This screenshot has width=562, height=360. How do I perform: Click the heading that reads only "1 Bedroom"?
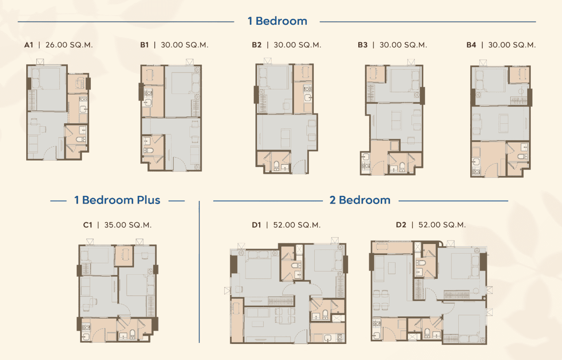[x=277, y=21]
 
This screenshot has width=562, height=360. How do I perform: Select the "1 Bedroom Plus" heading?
[x=117, y=200]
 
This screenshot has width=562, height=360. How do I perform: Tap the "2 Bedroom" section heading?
[x=360, y=200]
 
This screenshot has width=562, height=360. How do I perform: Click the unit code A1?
[x=29, y=45]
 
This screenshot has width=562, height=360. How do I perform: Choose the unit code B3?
[x=362, y=45]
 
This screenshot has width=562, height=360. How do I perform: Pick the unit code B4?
[x=471, y=45]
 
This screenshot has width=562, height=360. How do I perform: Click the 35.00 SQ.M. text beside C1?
[x=128, y=225]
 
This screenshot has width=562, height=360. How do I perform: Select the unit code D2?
[x=401, y=225]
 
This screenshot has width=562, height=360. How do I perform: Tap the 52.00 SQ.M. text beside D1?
[x=297, y=225]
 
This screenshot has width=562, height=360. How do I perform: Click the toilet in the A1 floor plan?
[x=82, y=138]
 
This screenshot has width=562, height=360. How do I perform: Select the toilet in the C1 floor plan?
[x=132, y=334]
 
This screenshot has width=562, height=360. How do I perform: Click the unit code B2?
[x=256, y=45]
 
